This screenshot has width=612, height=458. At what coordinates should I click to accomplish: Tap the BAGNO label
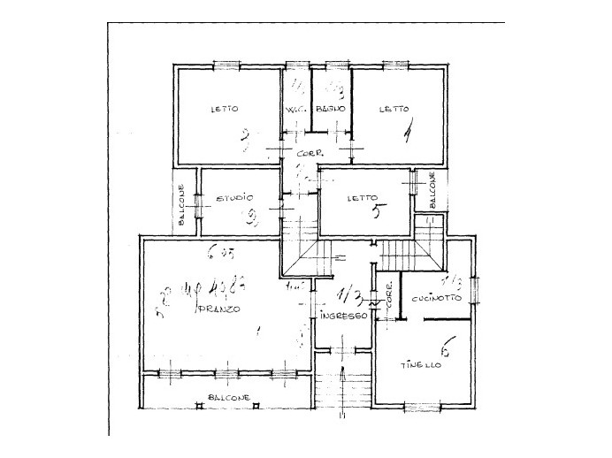pyautogui.click(x=330, y=110)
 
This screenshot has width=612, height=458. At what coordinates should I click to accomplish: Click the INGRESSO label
pyautogui.click(x=344, y=316)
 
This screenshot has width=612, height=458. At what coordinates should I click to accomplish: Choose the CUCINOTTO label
pyautogui.click(x=435, y=298)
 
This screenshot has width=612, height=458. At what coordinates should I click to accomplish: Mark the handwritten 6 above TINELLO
pyautogui.click(x=446, y=349)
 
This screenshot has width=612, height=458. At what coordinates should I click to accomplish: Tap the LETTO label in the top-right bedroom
pyautogui.click(x=394, y=110)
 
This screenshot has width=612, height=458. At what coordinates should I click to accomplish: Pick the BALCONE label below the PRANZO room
pyautogui.click(x=228, y=397)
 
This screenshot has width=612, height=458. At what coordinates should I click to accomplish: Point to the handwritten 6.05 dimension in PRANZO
pyautogui.click(x=216, y=253)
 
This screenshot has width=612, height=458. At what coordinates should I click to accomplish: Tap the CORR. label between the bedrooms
pyautogui.click(x=307, y=156)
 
